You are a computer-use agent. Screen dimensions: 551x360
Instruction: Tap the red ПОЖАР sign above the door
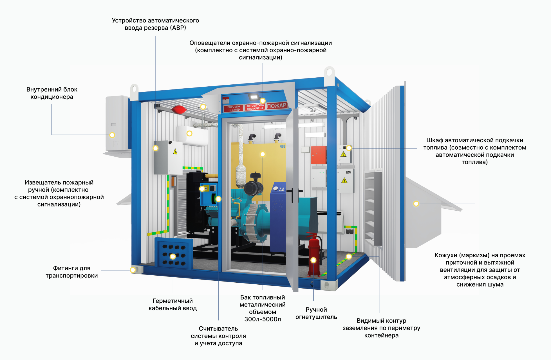[277, 105]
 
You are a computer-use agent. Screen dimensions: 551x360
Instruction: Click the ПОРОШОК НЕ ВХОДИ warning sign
[234, 108]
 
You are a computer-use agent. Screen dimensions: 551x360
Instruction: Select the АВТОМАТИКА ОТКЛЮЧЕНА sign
[255, 107]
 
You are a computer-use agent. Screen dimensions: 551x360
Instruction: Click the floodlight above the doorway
[254, 97]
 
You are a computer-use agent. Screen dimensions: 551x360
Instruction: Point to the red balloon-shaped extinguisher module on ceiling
[179, 109]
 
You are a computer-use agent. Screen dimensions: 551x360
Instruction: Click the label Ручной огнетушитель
[316, 313]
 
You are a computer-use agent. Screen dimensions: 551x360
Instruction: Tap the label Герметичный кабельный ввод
[173, 305]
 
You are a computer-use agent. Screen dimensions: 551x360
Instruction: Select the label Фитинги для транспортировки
[72, 272]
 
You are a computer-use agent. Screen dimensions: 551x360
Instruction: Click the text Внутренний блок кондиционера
[52, 93]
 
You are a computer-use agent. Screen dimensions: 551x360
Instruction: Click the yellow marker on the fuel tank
[263, 154]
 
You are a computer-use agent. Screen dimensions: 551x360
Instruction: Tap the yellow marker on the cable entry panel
[173, 256]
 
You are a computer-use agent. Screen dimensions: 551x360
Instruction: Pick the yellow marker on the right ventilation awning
[416, 204]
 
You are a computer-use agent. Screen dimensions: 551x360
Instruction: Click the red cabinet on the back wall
[319, 155]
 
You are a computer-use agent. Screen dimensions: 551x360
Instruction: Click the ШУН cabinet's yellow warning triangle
[344, 180]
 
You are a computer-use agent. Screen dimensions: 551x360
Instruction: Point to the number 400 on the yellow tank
[283, 146]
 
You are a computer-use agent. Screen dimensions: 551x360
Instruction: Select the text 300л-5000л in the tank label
[263, 319]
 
